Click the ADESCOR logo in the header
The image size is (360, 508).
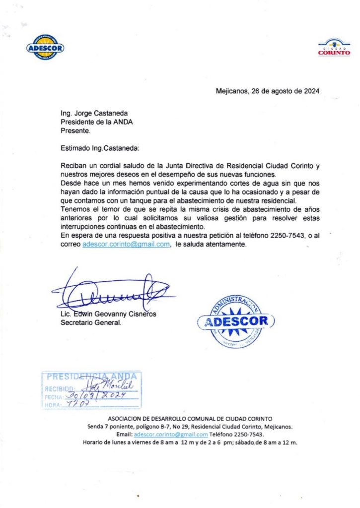45,48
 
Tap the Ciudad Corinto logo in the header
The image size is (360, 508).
334,48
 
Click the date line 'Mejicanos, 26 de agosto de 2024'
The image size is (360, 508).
268,91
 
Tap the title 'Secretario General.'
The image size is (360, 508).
90,323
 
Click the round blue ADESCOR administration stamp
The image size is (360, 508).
236,320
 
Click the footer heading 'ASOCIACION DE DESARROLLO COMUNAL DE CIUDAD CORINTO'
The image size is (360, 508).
190,419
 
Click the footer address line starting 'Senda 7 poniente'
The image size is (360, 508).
190,427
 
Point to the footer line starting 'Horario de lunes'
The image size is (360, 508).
190,442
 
